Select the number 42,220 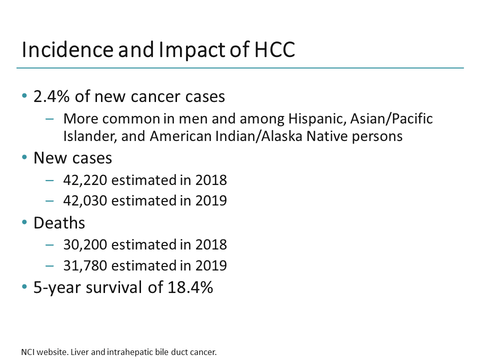85,180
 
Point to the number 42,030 85,200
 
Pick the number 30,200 85,244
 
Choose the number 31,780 85,265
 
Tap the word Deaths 59,222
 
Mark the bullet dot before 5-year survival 24,288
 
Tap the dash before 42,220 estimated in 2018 49,180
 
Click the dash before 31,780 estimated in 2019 49,265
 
